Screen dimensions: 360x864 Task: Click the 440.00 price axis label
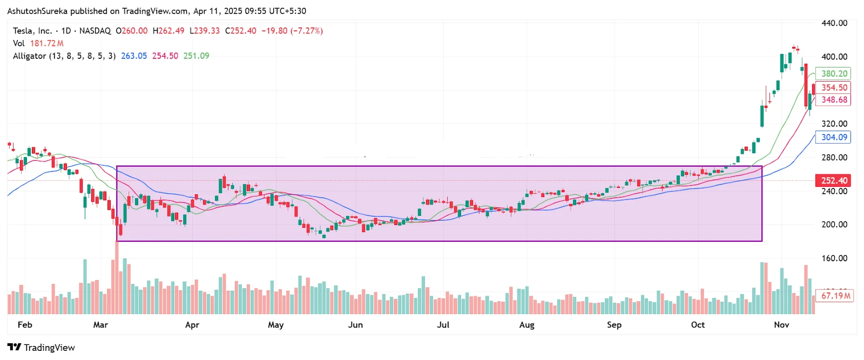point(834,23)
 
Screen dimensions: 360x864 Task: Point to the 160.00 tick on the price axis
point(834,258)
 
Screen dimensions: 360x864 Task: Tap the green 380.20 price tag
point(834,73)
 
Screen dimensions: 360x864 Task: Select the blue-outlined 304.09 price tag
point(834,137)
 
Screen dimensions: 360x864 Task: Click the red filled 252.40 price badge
point(834,180)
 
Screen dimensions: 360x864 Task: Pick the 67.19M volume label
point(835,295)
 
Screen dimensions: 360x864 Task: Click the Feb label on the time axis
point(25,324)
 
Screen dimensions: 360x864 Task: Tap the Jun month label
point(355,324)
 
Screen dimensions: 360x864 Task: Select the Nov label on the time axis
point(781,324)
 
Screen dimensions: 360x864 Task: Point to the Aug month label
point(526,324)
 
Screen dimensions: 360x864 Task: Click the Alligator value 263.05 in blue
point(134,56)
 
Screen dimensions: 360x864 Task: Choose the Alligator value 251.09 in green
point(196,56)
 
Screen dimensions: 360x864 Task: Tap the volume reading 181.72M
point(46,43)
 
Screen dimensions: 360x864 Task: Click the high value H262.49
point(168,31)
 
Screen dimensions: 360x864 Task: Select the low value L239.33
point(205,31)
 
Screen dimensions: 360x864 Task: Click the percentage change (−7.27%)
point(307,31)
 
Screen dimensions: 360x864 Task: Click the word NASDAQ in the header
point(95,31)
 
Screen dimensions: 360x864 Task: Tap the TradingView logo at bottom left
point(41,347)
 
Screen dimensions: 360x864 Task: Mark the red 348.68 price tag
point(834,99)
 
